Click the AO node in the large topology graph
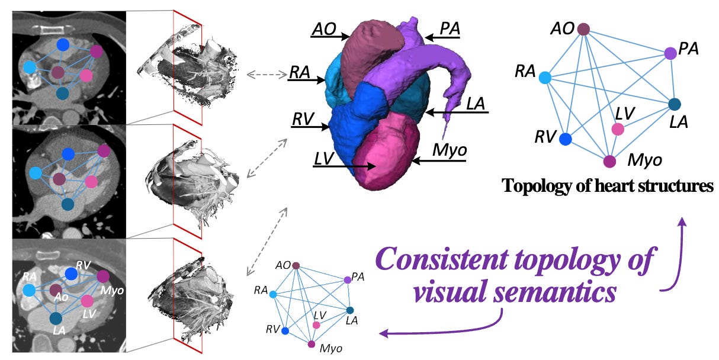[583, 28]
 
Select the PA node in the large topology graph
[670, 53]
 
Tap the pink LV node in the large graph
[618, 129]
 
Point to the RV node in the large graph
[566, 139]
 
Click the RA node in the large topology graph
[545, 78]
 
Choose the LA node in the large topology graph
[674, 105]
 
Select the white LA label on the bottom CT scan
[59, 330]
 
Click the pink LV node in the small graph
[316, 325]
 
